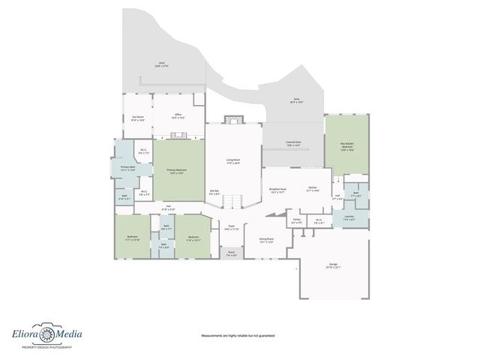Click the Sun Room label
138,118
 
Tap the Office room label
178,117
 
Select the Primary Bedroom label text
177,172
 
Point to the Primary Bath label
127,168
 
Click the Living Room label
233,161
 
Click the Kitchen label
313,189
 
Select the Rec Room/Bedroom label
346,148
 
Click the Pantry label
297,220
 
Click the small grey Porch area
232,253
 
